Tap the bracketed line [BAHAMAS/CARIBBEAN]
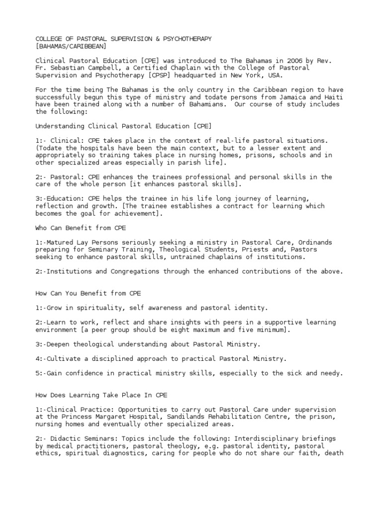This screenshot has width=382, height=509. (71, 46)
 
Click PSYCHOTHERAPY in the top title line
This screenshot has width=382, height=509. (184, 39)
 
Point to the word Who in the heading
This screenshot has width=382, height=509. (41, 228)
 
